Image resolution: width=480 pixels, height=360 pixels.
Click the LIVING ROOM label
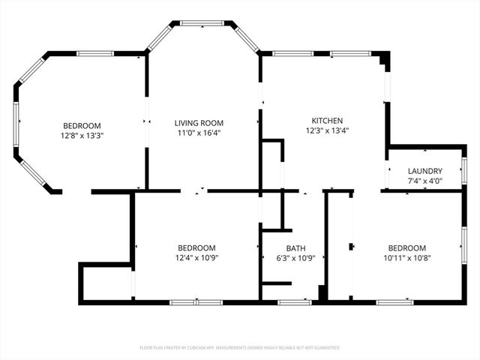[x=199, y=123]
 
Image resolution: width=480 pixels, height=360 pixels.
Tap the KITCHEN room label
[x=327, y=121]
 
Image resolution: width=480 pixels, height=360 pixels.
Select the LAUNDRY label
[x=424, y=171]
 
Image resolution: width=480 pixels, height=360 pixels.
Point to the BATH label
[x=295, y=248]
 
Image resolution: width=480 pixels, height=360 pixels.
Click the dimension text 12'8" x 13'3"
[x=82, y=136]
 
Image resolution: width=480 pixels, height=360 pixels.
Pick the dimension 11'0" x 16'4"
[x=199, y=133]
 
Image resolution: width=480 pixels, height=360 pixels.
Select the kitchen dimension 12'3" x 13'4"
[x=327, y=130]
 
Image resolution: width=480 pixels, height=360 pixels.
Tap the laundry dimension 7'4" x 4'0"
[x=424, y=181]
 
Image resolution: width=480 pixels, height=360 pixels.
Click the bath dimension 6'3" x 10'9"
[x=295, y=258]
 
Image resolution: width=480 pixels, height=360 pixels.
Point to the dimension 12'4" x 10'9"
[x=196, y=258]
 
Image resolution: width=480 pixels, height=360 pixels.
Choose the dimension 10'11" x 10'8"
[x=406, y=258]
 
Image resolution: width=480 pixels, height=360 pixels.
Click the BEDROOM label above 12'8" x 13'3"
[x=82, y=126]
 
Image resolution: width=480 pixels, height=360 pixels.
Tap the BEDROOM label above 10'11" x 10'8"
[x=406, y=248]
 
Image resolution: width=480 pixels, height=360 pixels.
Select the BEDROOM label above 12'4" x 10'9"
[x=196, y=248]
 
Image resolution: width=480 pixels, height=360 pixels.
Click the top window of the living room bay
[x=202, y=23]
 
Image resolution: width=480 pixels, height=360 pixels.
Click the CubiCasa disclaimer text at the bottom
[x=240, y=348]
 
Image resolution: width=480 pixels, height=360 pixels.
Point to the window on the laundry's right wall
[x=464, y=170]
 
